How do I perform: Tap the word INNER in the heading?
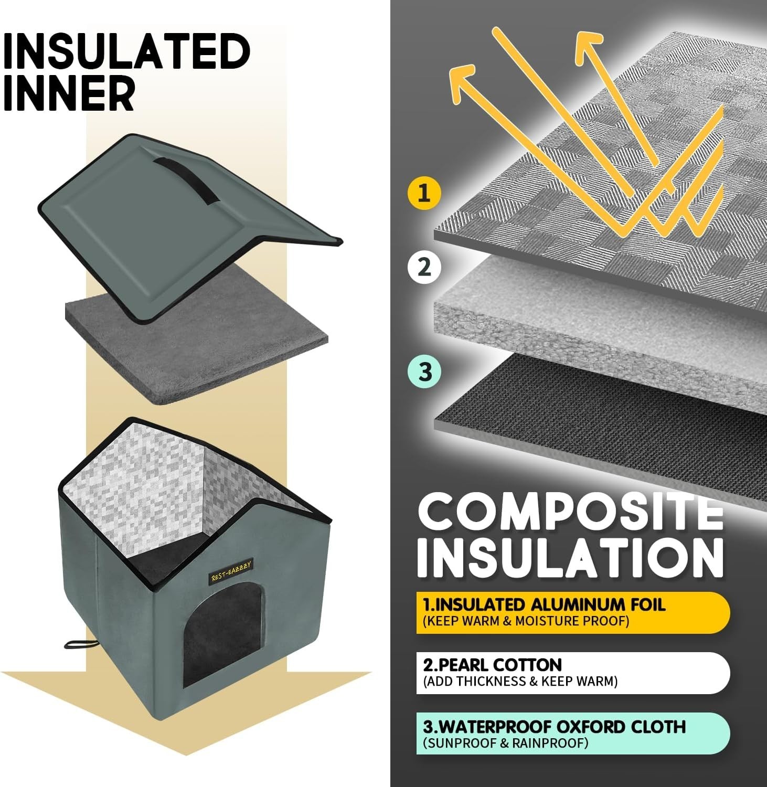pyautogui.click(x=69, y=92)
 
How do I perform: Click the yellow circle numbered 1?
pyautogui.click(x=424, y=193)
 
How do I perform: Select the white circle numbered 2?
pyautogui.click(x=424, y=267)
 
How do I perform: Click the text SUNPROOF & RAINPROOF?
pyautogui.click(x=506, y=743)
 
